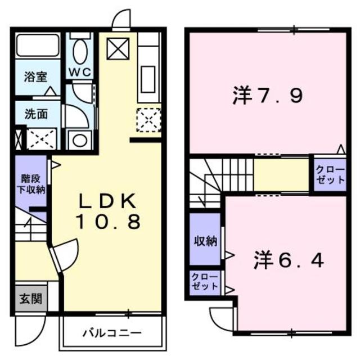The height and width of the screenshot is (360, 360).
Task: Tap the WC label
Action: click(81, 73)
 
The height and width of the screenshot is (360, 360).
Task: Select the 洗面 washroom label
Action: click(35, 113)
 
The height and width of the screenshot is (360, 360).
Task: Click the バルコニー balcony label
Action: click(112, 332)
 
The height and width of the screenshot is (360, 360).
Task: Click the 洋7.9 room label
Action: click(268, 95)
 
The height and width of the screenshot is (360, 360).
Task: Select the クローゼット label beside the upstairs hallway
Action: click(329, 175)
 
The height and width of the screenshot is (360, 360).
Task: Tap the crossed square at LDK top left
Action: click(118, 50)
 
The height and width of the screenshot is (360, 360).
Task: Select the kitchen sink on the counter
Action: click(149, 78)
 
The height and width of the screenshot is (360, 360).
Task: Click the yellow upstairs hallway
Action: click(281, 175)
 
